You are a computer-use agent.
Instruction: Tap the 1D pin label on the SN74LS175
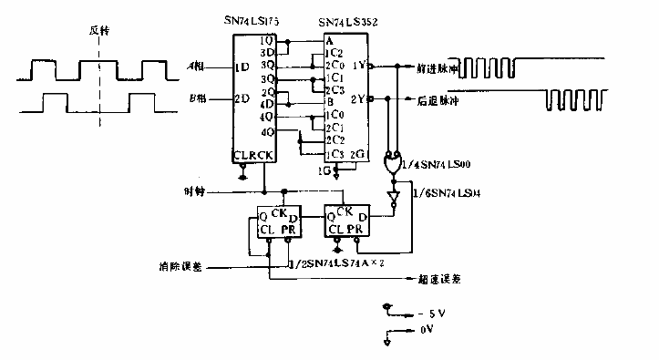(x=242, y=68)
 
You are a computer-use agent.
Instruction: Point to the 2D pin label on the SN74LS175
(x=242, y=99)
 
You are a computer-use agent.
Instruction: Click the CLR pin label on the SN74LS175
(x=242, y=155)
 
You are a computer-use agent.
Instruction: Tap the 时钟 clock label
(x=194, y=192)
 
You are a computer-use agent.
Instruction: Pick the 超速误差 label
(x=439, y=281)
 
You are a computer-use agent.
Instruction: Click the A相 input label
(x=195, y=67)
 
